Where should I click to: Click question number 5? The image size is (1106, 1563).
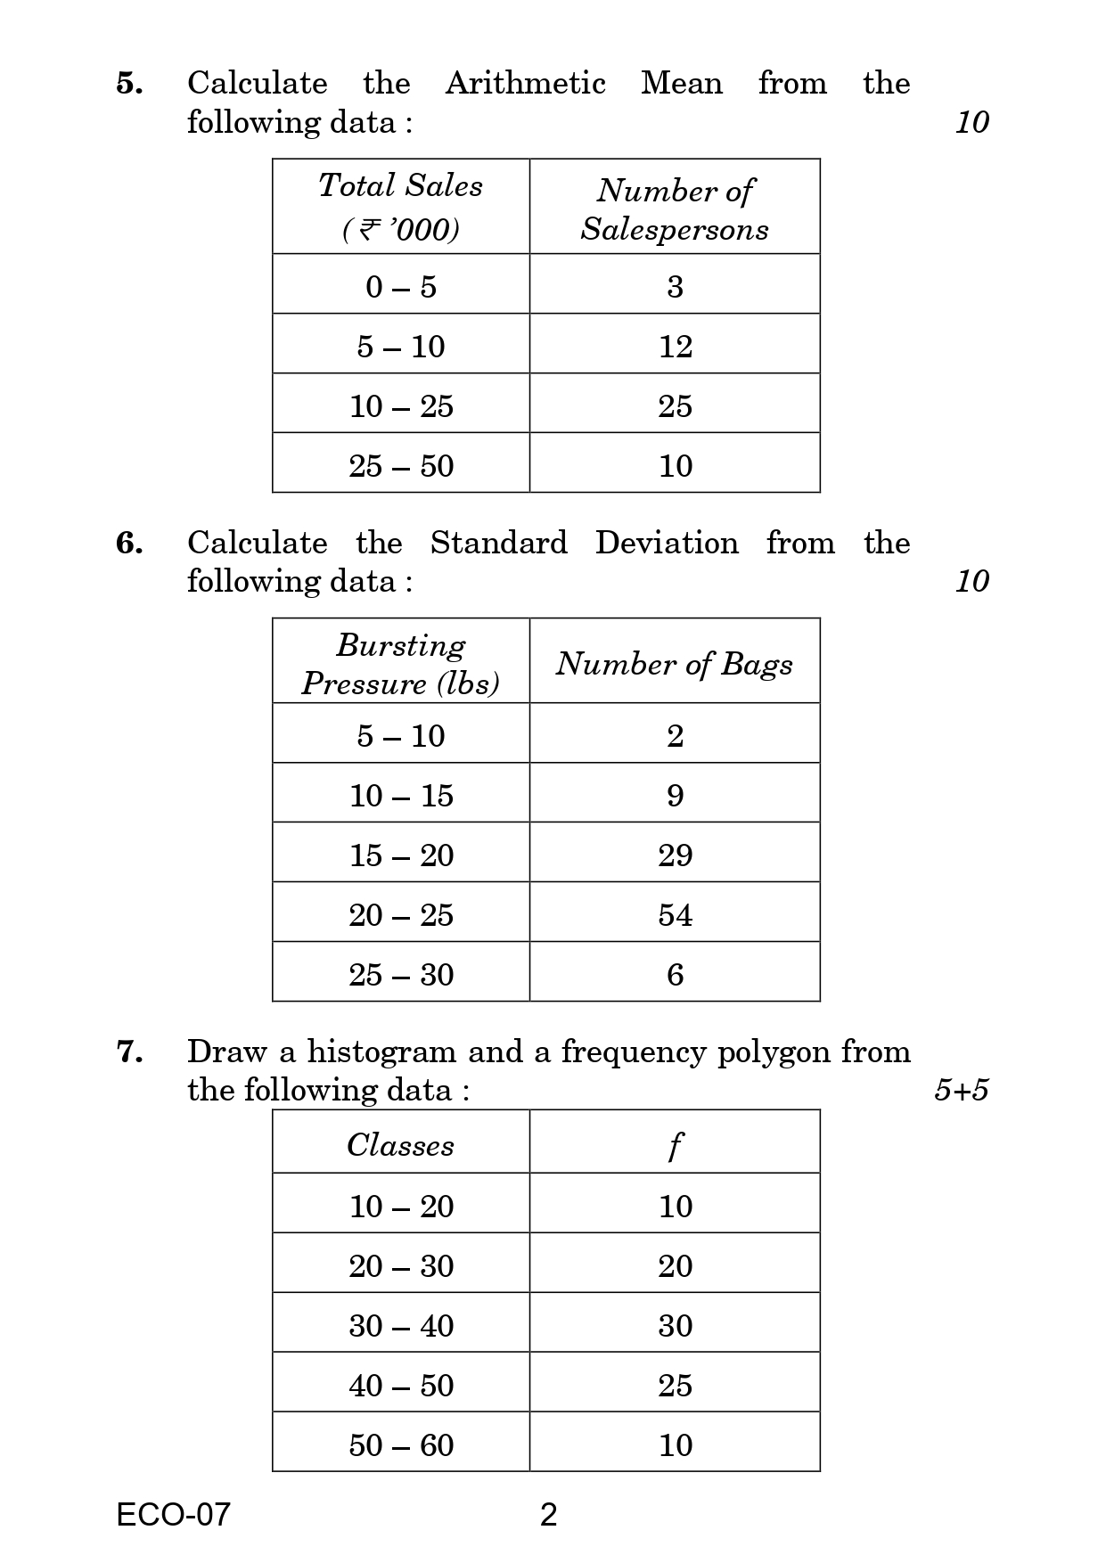129,84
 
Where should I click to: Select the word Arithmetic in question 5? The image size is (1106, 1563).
525,84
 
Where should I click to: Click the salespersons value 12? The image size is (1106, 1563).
675,347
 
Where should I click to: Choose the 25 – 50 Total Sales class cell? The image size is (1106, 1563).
401,466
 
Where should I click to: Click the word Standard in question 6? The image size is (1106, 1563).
498,543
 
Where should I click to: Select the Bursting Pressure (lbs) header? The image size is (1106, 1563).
400,664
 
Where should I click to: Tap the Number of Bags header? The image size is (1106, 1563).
675,664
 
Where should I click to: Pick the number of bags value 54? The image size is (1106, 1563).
675,915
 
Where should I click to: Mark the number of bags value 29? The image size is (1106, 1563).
675,855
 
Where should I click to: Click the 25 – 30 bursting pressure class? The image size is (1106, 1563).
401,975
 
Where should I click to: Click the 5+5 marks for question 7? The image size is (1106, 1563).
961,1090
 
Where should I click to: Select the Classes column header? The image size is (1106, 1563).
400,1145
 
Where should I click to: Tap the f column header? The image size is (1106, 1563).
675,1146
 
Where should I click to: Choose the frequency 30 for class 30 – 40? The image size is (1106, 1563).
675,1326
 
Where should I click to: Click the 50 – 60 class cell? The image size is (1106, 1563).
401,1445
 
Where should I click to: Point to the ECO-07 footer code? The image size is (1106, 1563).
173,1514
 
